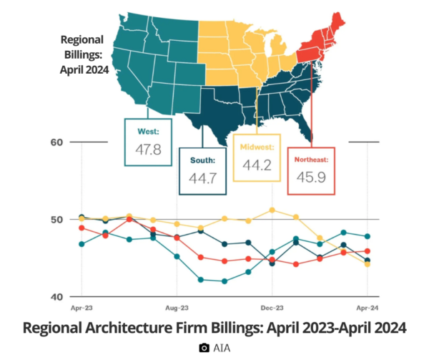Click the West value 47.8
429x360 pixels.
(x=148, y=150)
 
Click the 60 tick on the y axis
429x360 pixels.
(x=57, y=142)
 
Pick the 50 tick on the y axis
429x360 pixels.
(x=57, y=219)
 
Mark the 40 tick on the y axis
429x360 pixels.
(x=57, y=296)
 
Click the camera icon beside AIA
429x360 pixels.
(x=204, y=348)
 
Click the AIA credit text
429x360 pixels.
(x=222, y=348)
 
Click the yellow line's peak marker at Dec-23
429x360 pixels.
(x=272, y=210)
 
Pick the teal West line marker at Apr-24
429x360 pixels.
(x=368, y=236)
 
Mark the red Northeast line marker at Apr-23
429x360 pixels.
(x=82, y=228)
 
